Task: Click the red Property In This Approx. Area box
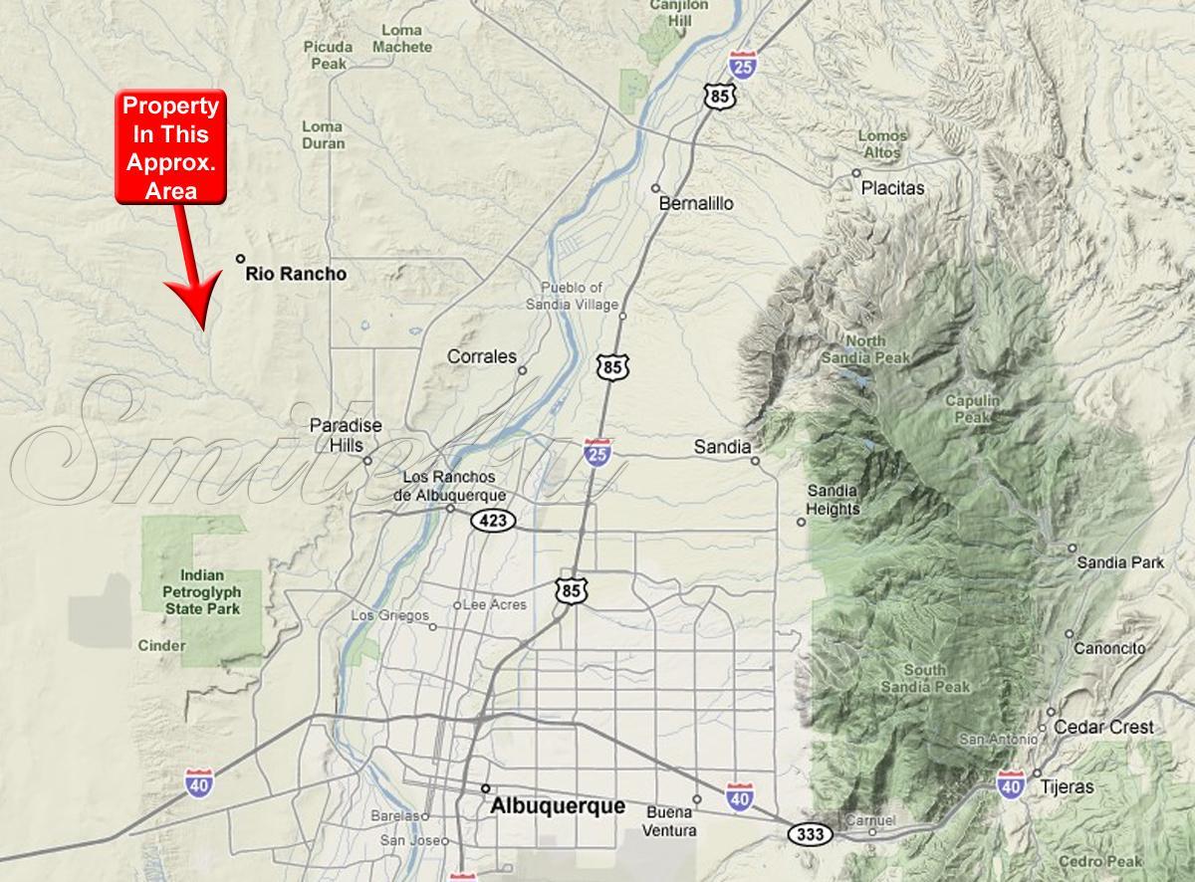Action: coord(169,147)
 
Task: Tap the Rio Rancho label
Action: coord(296,274)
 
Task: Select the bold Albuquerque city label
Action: coord(558,806)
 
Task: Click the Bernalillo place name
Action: coord(696,203)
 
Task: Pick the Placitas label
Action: coord(893,188)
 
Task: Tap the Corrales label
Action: coord(482,356)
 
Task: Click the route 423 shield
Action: coord(493,520)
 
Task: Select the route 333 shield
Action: coord(811,834)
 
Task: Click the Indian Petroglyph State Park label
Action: coord(203,591)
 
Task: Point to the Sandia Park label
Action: coord(1120,562)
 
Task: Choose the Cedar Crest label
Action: coord(1103,728)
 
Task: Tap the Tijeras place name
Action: coord(1067,787)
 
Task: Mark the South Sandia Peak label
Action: coord(926,678)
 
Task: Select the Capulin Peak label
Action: coord(973,409)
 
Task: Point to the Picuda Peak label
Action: coord(329,55)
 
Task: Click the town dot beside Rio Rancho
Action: coord(240,259)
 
